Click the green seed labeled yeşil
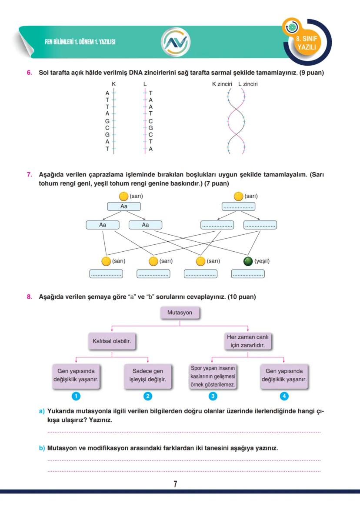point(248,261)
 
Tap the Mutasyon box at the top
point(180,313)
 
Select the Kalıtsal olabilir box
point(112,342)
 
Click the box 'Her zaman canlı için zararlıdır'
point(248,341)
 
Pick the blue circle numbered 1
point(76,396)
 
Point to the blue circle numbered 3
point(213,396)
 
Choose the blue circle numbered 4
point(284,396)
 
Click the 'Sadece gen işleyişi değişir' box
point(148,375)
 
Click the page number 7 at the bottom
point(175,484)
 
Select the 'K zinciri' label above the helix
point(222,84)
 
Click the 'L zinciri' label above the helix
point(248,84)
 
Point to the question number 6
point(30,73)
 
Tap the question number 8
point(30,297)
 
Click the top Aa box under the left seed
point(124,206)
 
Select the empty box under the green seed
point(248,274)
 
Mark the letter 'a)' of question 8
point(42,411)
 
